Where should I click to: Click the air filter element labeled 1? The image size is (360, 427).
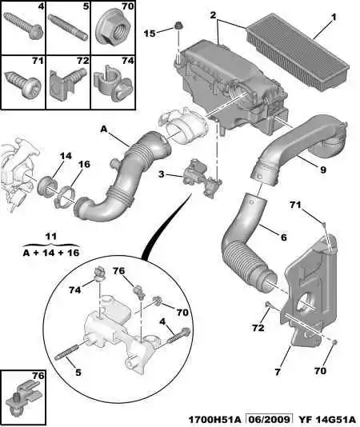[x=298, y=50]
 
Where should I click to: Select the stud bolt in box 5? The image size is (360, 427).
[x=68, y=27]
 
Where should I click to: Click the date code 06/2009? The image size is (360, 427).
[x=269, y=419]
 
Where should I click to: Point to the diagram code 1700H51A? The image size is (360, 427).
[x=215, y=419]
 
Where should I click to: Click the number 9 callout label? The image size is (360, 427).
[x=323, y=170]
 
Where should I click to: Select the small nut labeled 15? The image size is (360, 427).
[x=178, y=26]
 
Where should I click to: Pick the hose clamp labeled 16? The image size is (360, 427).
[x=65, y=197]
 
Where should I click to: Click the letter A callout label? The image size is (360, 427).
[x=104, y=129]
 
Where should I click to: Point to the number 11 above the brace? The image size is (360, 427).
[x=51, y=236]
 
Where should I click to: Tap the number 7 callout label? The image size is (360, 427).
[x=278, y=372]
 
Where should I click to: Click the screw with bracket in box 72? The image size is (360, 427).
[x=68, y=83]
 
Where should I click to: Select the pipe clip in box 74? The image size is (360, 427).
[x=113, y=84]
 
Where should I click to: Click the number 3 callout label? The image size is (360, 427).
[x=162, y=174]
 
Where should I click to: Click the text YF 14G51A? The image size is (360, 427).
[x=327, y=419]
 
